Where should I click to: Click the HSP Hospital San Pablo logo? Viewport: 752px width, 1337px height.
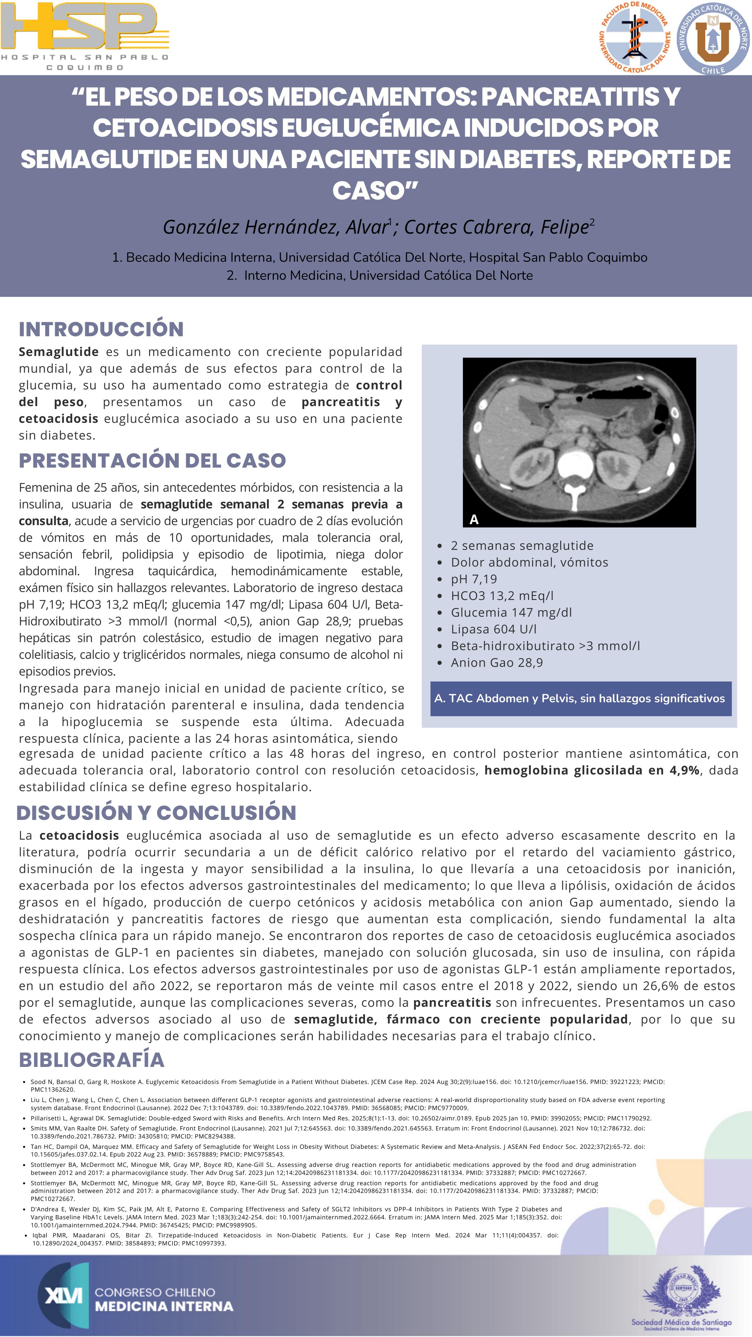(85, 35)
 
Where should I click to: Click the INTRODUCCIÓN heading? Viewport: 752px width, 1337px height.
(101, 329)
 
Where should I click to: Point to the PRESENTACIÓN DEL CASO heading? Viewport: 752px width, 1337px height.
(152, 460)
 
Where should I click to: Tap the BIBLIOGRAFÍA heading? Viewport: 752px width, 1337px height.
(91, 1059)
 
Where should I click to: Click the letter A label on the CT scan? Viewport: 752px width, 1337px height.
(474, 519)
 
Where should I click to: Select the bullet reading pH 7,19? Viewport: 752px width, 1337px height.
(474, 579)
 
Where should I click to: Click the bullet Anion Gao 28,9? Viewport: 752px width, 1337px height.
(497, 662)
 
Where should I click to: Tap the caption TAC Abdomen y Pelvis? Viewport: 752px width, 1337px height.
(580, 699)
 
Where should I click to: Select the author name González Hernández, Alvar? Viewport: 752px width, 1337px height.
(276, 227)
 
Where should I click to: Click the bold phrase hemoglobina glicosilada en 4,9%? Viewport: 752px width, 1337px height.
(592, 770)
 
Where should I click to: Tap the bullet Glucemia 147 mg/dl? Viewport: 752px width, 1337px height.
(511, 612)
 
